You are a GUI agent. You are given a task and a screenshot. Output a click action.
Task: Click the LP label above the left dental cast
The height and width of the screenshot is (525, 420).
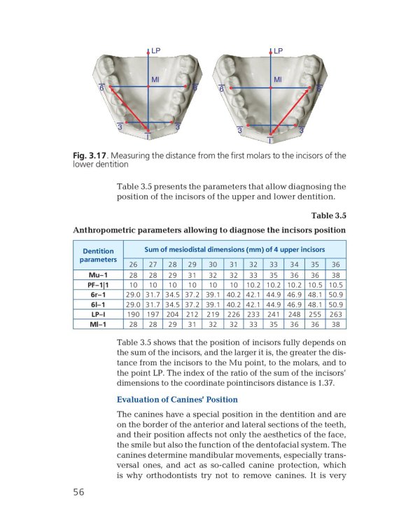[x=155, y=51]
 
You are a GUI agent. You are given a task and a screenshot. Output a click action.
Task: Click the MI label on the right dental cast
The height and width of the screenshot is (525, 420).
[x=278, y=80]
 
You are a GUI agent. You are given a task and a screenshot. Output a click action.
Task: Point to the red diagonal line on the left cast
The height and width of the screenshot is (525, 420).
[x=126, y=109]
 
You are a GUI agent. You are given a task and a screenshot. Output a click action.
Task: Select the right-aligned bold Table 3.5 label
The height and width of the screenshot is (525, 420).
[x=325, y=216]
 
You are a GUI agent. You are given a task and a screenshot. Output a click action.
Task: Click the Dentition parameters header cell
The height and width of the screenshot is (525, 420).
[x=98, y=255]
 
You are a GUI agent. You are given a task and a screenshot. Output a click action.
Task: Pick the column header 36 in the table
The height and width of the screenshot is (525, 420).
[x=335, y=265]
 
